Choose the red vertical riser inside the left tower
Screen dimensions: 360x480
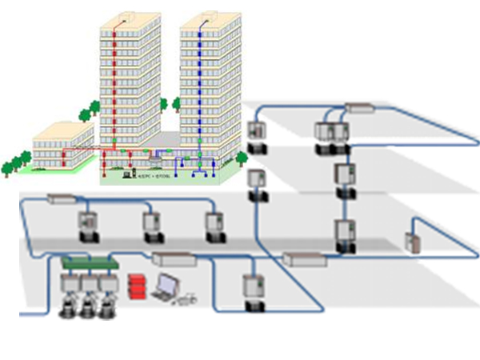point(118,88)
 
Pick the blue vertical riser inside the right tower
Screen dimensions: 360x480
point(199,88)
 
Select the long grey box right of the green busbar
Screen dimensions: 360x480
point(174,258)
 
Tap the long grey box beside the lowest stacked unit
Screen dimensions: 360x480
point(304,258)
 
